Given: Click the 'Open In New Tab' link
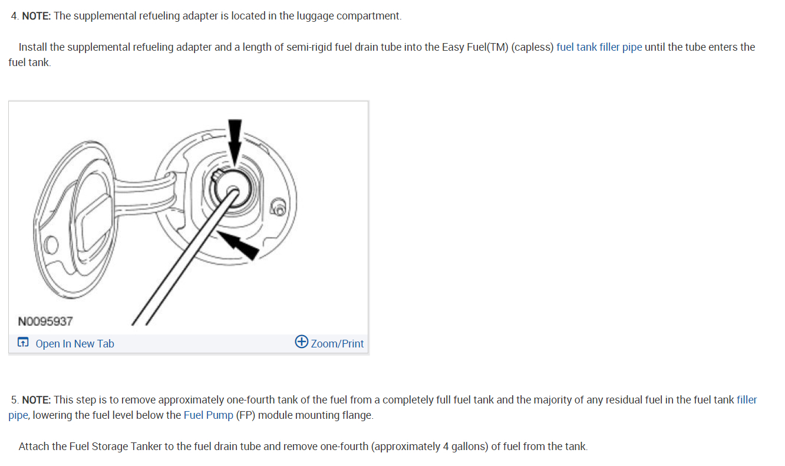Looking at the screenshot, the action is [74, 343].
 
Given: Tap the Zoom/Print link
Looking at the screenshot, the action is [337, 343].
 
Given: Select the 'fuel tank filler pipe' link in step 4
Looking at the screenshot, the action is [599, 47].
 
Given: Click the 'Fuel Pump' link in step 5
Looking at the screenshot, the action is [208, 415].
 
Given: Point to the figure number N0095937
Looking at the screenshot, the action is [45, 321].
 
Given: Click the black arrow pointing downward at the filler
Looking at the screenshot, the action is [235, 140].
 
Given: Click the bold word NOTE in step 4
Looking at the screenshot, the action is [36, 16].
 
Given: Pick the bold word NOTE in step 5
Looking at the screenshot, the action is [36, 400].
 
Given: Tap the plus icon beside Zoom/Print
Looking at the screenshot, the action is [301, 342].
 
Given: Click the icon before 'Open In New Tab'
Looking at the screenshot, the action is [23, 343].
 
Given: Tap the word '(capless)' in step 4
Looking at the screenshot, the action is [532, 47].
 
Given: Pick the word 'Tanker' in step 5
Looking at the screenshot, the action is [146, 446].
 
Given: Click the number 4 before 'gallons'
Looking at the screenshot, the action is [446, 446].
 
